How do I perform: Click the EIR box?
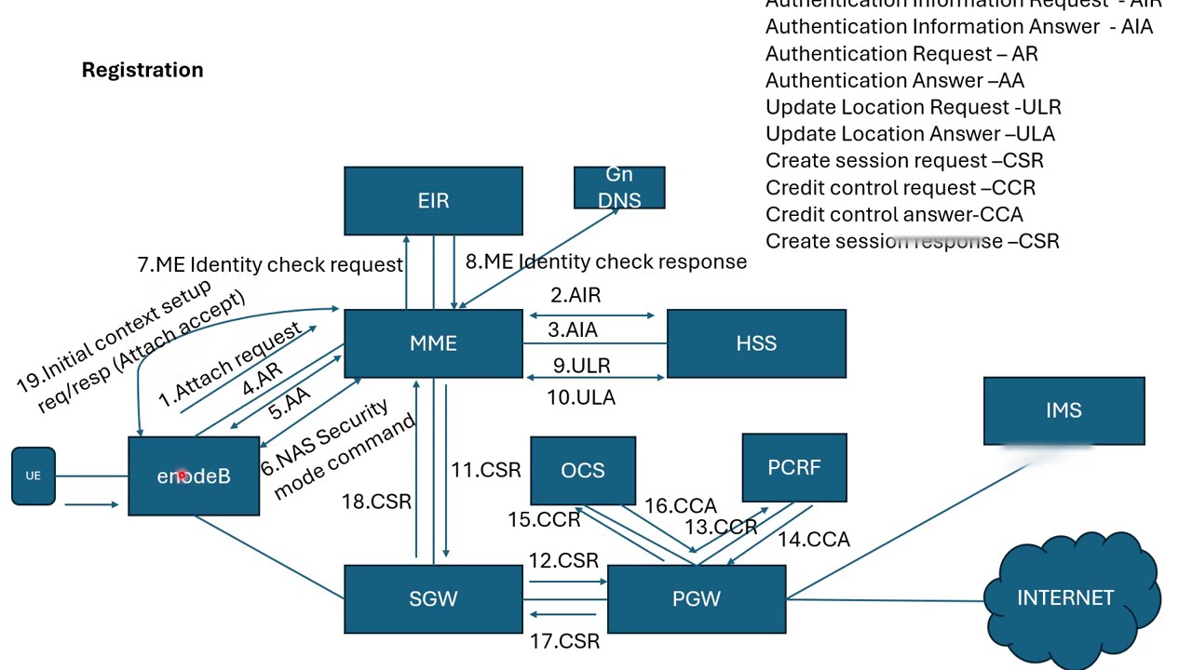click(x=433, y=201)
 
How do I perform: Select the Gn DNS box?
click(x=619, y=188)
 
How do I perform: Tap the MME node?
click(x=433, y=343)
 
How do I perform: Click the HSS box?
click(x=756, y=343)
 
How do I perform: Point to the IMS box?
click(x=1063, y=410)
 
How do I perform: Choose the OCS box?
click(x=583, y=470)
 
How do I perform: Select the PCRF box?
click(x=794, y=467)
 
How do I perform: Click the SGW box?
click(x=433, y=598)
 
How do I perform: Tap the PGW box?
click(x=697, y=598)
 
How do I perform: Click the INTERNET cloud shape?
click(x=1065, y=598)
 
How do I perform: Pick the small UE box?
click(x=34, y=476)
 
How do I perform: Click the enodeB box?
click(x=194, y=476)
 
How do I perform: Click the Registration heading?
click(x=142, y=70)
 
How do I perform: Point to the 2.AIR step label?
click(x=576, y=295)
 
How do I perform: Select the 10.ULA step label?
click(x=581, y=397)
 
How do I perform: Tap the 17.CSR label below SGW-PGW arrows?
click(x=564, y=641)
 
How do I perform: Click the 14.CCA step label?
click(x=814, y=540)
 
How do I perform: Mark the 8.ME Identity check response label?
click(x=606, y=261)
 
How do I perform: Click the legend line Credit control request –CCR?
click(x=900, y=188)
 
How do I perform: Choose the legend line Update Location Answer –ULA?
click(x=910, y=134)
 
